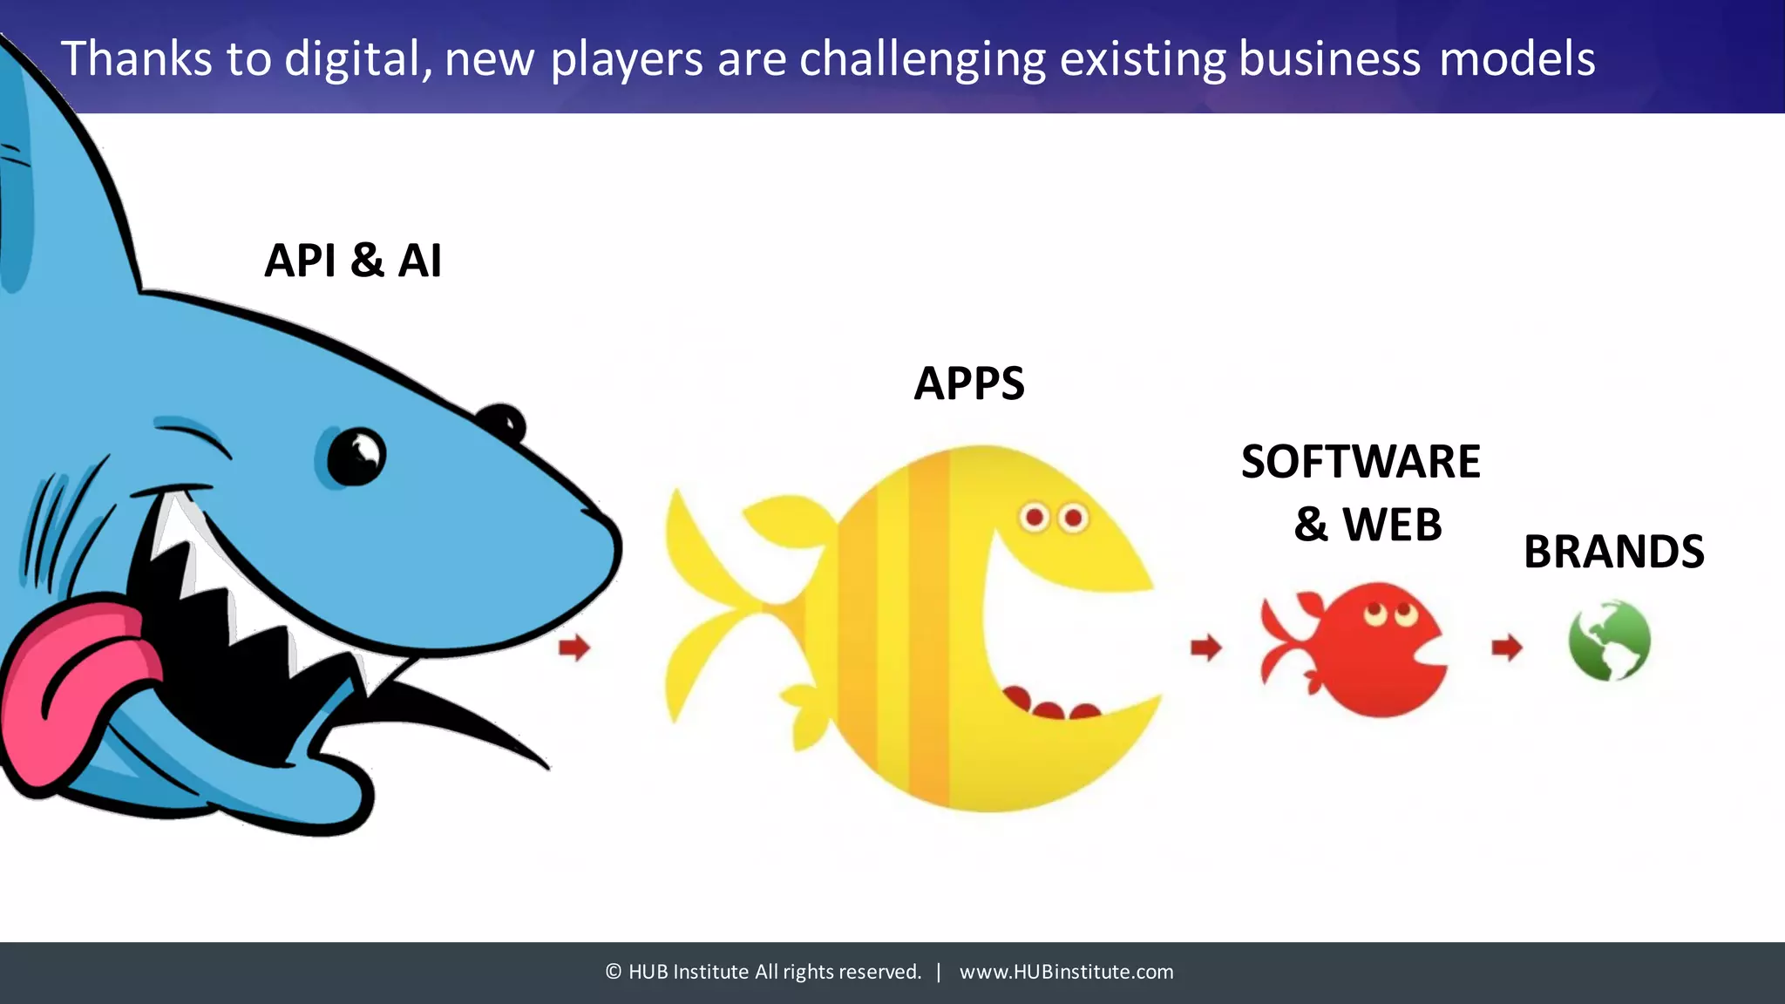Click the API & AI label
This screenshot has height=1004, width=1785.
pos(353,261)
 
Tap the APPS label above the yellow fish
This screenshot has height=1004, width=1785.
pos(969,383)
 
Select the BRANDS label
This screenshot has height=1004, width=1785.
pos(1613,552)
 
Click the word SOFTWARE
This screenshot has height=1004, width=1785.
pos(1361,462)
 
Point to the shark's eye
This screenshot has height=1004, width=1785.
pos(356,457)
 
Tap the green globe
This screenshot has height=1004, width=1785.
pos(1610,641)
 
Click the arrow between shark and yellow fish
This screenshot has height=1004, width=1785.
pos(574,648)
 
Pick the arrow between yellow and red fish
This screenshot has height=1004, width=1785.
pos(1206,648)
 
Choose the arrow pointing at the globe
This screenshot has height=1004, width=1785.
pos(1507,648)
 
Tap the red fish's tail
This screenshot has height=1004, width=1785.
pos(1286,645)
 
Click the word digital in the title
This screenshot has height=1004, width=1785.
pos(358,59)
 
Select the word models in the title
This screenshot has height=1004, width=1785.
pos(1517,59)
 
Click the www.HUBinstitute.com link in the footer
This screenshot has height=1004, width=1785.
pos(1066,972)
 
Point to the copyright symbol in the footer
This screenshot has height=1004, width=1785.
pos(614,972)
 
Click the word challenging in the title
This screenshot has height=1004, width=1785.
pos(922,59)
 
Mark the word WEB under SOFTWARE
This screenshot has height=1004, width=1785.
pos(1392,525)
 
